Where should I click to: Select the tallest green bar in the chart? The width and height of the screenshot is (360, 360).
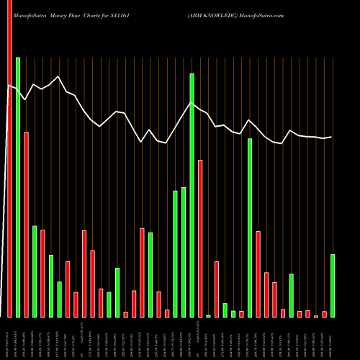coord(18,187)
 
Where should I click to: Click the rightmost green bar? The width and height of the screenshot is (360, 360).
coord(333,286)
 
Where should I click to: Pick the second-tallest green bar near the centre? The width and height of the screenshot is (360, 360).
coord(192,194)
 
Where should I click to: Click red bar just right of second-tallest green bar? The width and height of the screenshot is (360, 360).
coord(200,238)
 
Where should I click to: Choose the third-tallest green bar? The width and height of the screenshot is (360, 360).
coord(250,228)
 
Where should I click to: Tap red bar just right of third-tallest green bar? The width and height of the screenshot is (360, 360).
coord(258,274)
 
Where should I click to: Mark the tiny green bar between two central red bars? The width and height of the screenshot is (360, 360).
coord(208,316)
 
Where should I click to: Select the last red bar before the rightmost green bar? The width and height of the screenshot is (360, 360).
coord(324,314)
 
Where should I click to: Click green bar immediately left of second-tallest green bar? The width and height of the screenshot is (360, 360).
coord(184,252)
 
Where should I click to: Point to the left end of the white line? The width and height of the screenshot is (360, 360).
coord(9,86)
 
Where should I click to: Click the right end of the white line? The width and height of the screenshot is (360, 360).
coord(332,137)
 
